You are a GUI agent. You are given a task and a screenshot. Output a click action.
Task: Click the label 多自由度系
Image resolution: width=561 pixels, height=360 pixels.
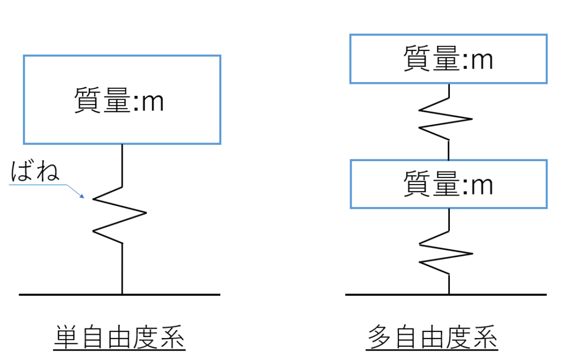coord(432,339)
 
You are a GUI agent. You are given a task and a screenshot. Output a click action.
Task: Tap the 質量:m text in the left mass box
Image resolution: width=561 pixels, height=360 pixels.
coord(119,101)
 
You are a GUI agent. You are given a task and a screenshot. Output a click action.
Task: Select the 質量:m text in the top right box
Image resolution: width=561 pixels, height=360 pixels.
coord(448,59)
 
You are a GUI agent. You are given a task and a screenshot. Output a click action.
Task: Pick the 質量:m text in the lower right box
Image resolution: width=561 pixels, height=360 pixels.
coord(448,184)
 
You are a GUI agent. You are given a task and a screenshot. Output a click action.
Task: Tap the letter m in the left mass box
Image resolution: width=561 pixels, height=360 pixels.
coord(152,103)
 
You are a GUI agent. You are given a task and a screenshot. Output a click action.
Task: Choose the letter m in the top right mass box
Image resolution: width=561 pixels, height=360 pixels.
coord(481,60)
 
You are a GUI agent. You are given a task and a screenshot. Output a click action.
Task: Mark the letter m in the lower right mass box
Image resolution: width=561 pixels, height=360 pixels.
coord(481,186)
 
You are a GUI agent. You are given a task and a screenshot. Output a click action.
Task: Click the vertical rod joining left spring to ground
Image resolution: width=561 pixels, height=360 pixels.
coord(122,268)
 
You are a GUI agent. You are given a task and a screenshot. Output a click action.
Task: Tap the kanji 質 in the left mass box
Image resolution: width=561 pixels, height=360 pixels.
coord(87,101)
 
